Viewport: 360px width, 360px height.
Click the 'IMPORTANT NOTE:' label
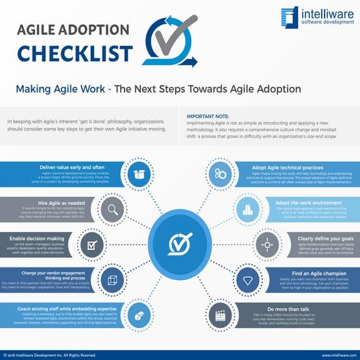(207, 116)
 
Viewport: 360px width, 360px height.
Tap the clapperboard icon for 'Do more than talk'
(221, 312)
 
